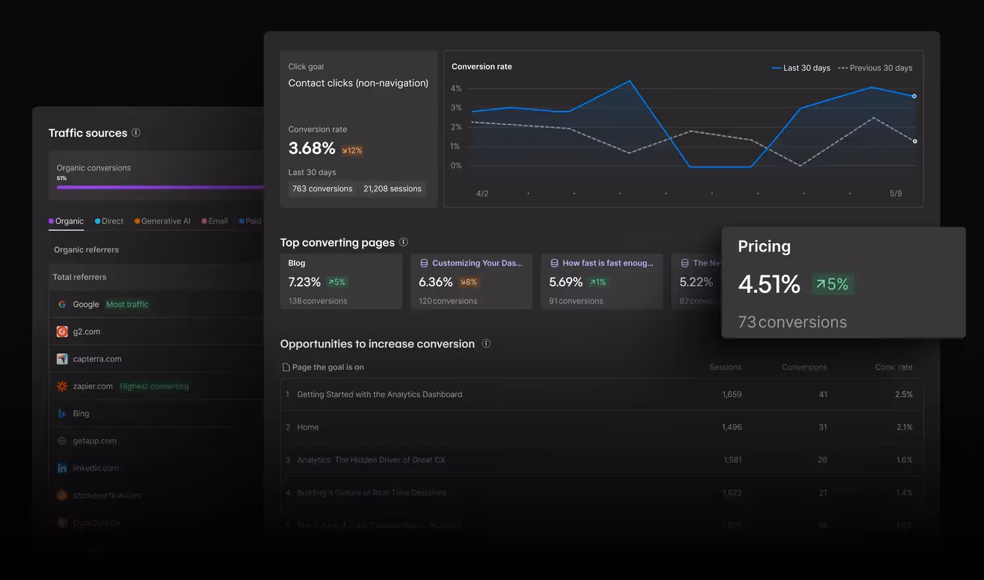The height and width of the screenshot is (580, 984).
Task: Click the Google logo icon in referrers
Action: [x=62, y=304]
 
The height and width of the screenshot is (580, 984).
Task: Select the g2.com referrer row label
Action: [x=87, y=332]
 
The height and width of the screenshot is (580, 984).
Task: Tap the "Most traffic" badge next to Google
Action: [x=127, y=304]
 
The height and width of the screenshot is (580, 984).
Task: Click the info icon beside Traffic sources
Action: [x=136, y=132]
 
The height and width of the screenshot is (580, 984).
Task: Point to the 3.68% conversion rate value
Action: [x=312, y=149]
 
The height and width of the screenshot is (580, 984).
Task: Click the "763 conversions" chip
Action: [x=322, y=189]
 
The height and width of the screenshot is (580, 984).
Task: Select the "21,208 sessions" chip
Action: [x=392, y=189]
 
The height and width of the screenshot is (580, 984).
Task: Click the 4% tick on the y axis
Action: [x=456, y=88]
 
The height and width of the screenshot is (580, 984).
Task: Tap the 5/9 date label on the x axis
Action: [x=895, y=193]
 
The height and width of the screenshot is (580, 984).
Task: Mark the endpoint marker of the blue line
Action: [x=914, y=96]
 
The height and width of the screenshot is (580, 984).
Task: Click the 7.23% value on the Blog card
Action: [x=304, y=282]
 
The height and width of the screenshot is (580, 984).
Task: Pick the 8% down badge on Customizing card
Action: [x=468, y=282]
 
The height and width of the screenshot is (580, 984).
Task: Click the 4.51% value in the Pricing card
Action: [x=769, y=284]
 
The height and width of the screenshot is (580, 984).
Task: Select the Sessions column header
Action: [x=725, y=368]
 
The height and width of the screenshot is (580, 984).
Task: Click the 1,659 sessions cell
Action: [x=731, y=395]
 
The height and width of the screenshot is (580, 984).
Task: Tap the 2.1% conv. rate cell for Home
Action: [x=904, y=427]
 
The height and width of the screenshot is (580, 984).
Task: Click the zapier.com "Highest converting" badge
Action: [x=154, y=387]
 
